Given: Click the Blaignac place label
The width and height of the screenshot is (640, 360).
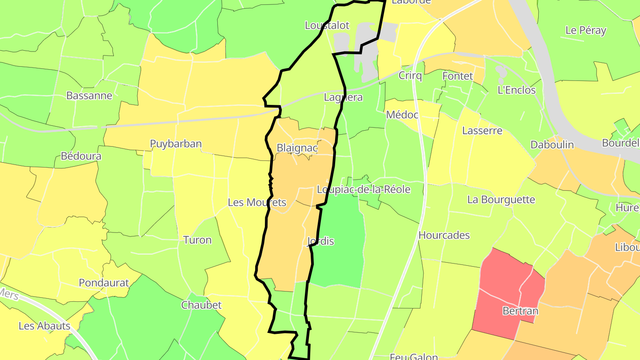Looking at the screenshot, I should point(296,148).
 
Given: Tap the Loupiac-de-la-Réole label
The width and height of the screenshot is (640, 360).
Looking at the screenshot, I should point(364,190).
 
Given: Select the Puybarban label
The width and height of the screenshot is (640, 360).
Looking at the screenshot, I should point(176,144).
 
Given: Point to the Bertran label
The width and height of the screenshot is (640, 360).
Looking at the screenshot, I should point(520,311).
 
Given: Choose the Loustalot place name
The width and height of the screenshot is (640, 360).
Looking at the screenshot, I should point(327,25).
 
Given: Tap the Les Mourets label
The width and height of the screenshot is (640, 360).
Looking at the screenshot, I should point(257,203).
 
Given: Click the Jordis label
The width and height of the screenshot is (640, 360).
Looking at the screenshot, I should point(320,241).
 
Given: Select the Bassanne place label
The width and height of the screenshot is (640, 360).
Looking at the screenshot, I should point(89,96).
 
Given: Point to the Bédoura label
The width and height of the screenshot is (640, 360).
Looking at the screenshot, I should point(81,156).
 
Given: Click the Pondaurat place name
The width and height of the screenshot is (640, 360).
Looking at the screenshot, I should point(104,283).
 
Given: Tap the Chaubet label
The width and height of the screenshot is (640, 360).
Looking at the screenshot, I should point(201,305).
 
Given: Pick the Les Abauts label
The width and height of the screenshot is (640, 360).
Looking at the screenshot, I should point(44,326).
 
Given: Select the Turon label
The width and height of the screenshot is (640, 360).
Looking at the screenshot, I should point(197,240).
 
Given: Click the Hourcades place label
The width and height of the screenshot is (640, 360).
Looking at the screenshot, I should point(444,236).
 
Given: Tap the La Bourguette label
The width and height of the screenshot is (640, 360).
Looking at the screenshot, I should point(501,200).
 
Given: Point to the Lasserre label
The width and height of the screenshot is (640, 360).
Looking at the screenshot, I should point(482,131).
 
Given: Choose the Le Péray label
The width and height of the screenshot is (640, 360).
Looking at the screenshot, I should point(586,30).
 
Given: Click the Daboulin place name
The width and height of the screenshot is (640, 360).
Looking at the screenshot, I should point(552,145).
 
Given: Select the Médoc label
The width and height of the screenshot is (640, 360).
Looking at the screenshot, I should point(402,115).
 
